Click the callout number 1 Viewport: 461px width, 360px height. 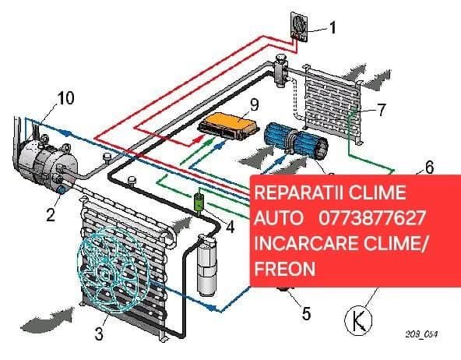pyautogui.click(x=333, y=29)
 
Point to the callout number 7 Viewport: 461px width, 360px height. pyautogui.click(x=381, y=109)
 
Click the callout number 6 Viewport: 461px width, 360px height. pyautogui.click(x=429, y=167)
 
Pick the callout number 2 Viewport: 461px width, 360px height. pyautogui.click(x=50, y=216)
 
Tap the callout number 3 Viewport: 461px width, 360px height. pyautogui.click(x=99, y=335)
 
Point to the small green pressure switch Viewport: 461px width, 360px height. pyautogui.click(x=199, y=203)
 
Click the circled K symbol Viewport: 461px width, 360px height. pyautogui.click(x=358, y=319)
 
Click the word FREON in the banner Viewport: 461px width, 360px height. pyautogui.click(x=284, y=268)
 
